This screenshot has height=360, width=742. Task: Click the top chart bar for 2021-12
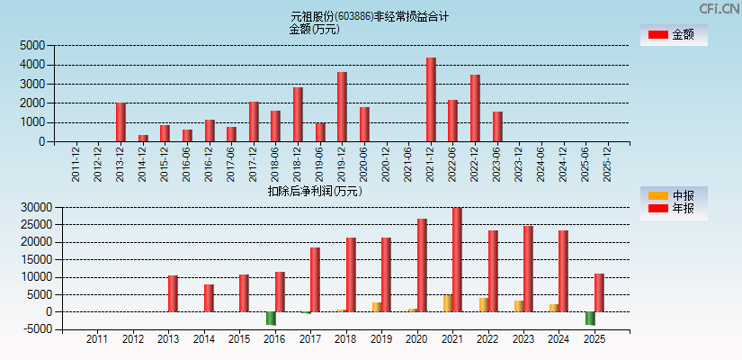tap(431, 100)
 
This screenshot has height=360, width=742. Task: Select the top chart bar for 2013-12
tap(121, 122)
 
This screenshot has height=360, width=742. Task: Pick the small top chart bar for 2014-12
tap(143, 138)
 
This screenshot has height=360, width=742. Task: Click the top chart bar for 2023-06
tap(497, 127)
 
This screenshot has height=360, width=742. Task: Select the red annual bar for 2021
tap(457, 260)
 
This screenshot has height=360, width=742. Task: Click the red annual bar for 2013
tap(173, 293)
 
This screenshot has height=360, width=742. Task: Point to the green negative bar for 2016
tap(271, 318)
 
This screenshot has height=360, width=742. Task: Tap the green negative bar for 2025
tap(590, 318)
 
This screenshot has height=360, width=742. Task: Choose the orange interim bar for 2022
tap(484, 304)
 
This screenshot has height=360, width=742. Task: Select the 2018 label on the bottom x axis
tap(346, 340)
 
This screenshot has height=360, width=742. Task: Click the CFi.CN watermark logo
tap(720, 8)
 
